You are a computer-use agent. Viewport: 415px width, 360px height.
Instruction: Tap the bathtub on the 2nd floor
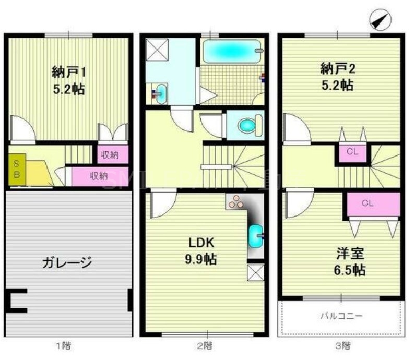point(231,52)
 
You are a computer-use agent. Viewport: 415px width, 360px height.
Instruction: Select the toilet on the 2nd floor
point(245,125)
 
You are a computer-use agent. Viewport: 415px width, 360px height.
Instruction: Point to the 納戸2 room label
point(337,68)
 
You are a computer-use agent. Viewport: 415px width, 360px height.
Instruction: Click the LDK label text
point(200,242)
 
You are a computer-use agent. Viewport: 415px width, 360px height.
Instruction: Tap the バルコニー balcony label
point(341,316)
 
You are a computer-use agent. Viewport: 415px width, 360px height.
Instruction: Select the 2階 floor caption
point(205,345)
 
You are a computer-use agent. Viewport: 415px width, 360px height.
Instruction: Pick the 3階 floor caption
point(342,345)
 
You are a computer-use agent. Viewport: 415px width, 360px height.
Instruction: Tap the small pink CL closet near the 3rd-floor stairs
point(352,153)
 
